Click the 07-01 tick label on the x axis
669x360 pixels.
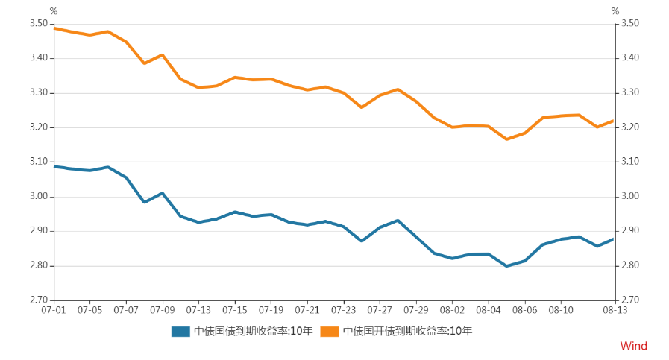tap(53, 309)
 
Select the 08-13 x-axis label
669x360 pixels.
tap(614, 309)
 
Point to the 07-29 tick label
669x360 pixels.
tap(416, 309)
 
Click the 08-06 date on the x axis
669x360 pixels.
tap(525, 309)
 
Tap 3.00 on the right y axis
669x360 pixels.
tap(630, 197)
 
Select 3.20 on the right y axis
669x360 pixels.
tap(630, 127)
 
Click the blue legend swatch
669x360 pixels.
tap(180, 331)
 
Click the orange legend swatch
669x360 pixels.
tap(330, 331)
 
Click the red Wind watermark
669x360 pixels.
tap(633, 346)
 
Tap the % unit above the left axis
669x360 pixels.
tap(53, 11)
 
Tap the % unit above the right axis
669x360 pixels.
tap(615, 11)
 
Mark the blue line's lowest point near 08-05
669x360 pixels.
tap(507, 266)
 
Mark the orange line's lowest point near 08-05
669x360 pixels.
tap(507, 139)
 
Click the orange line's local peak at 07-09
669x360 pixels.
tap(162, 55)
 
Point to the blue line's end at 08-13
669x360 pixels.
tap(614, 239)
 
